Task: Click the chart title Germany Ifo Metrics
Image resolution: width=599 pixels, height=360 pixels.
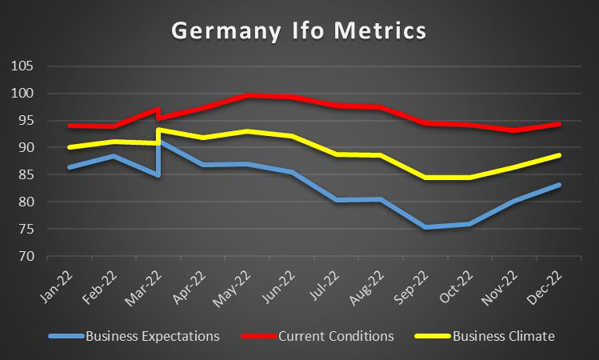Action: click(299, 31)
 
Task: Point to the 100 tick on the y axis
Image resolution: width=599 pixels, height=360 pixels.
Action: click(24, 94)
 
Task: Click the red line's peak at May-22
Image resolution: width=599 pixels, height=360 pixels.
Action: click(249, 95)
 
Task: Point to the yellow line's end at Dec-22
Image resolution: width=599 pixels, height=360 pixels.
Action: click(559, 155)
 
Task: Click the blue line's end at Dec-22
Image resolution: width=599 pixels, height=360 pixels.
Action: click(559, 185)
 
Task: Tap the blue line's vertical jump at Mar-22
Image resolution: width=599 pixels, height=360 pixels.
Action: click(159, 158)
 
